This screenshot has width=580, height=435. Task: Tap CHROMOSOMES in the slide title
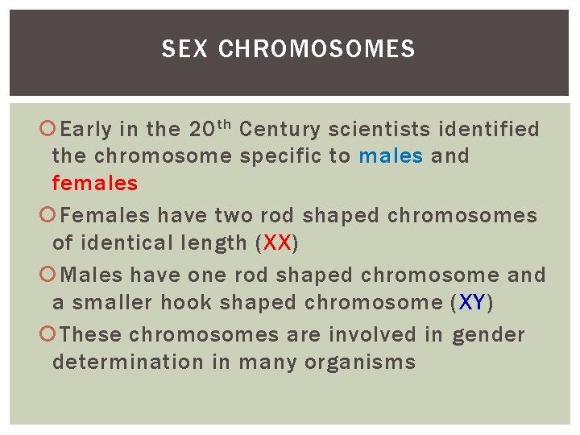point(317,50)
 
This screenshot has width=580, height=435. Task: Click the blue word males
point(391,155)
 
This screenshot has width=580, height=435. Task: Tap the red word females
point(95,183)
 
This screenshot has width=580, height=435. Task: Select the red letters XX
point(276,242)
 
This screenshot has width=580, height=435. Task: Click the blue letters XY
point(472,303)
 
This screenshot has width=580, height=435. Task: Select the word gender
point(488,335)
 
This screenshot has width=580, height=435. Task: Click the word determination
point(128,362)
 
